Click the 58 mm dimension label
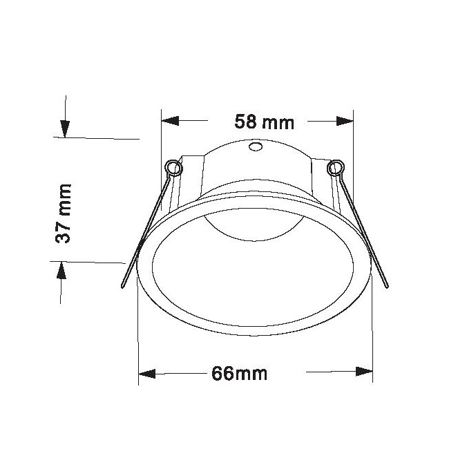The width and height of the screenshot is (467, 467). [264, 122]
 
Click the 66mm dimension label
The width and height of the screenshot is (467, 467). [240, 374]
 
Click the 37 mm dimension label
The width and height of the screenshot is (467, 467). [63, 213]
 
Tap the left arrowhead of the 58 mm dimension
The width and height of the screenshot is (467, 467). [170, 121]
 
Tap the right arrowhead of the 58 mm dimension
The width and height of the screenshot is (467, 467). [345, 121]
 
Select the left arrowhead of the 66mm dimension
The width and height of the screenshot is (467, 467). [147, 374]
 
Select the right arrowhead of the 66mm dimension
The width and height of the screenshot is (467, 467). [364, 372]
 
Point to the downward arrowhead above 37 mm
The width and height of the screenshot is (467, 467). [65, 129]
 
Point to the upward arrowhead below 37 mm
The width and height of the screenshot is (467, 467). [61, 270]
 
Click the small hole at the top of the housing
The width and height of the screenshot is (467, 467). [256, 146]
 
